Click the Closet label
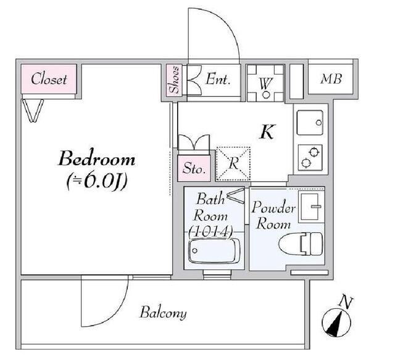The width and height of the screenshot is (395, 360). tap(49, 79)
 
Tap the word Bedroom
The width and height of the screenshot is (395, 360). tap(97, 160)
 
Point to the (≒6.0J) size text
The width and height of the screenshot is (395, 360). tap(97, 182)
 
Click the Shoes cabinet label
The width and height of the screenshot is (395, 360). tap(174, 80)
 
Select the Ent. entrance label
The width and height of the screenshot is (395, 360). tap(218, 79)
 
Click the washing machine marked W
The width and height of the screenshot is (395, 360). tap(265, 82)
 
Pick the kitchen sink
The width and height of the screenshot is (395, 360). tap(309, 123)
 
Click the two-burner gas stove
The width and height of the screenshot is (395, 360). tap(309, 155)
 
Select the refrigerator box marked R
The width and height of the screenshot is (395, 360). tap(233, 164)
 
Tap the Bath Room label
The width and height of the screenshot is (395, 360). tap(211, 208)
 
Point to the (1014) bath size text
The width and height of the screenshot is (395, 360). tap(211, 232)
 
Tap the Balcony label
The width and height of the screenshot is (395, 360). tap(162, 313)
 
